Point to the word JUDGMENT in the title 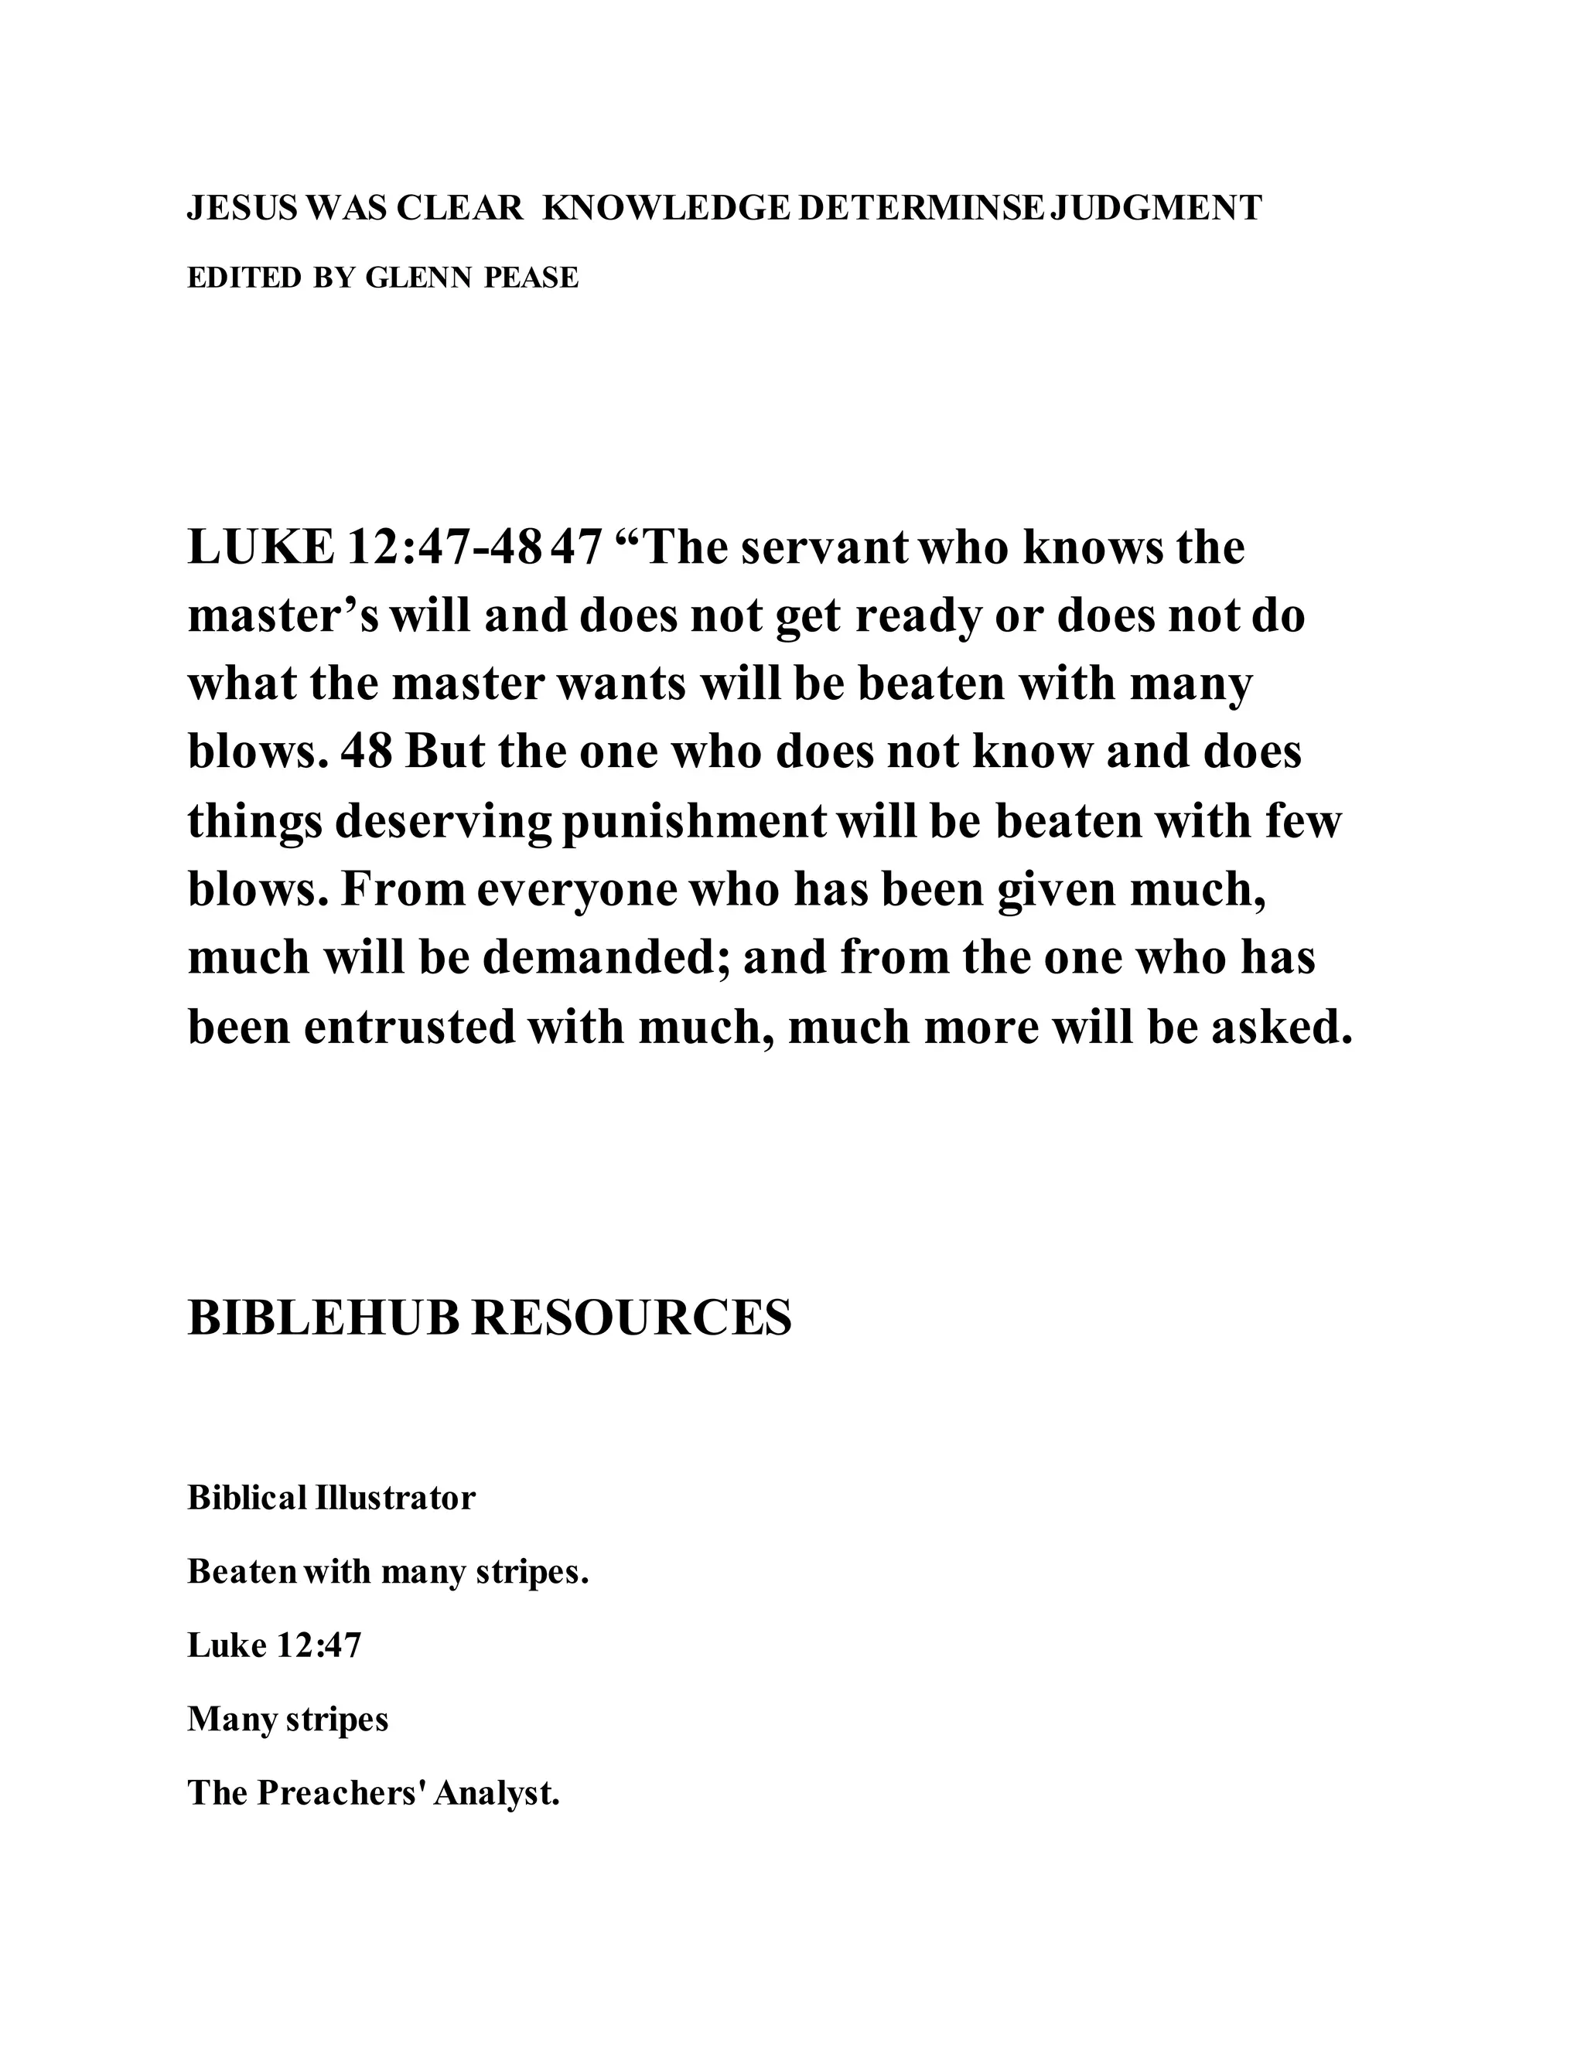[x=1156, y=208]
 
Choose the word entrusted [x=409, y=1026]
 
